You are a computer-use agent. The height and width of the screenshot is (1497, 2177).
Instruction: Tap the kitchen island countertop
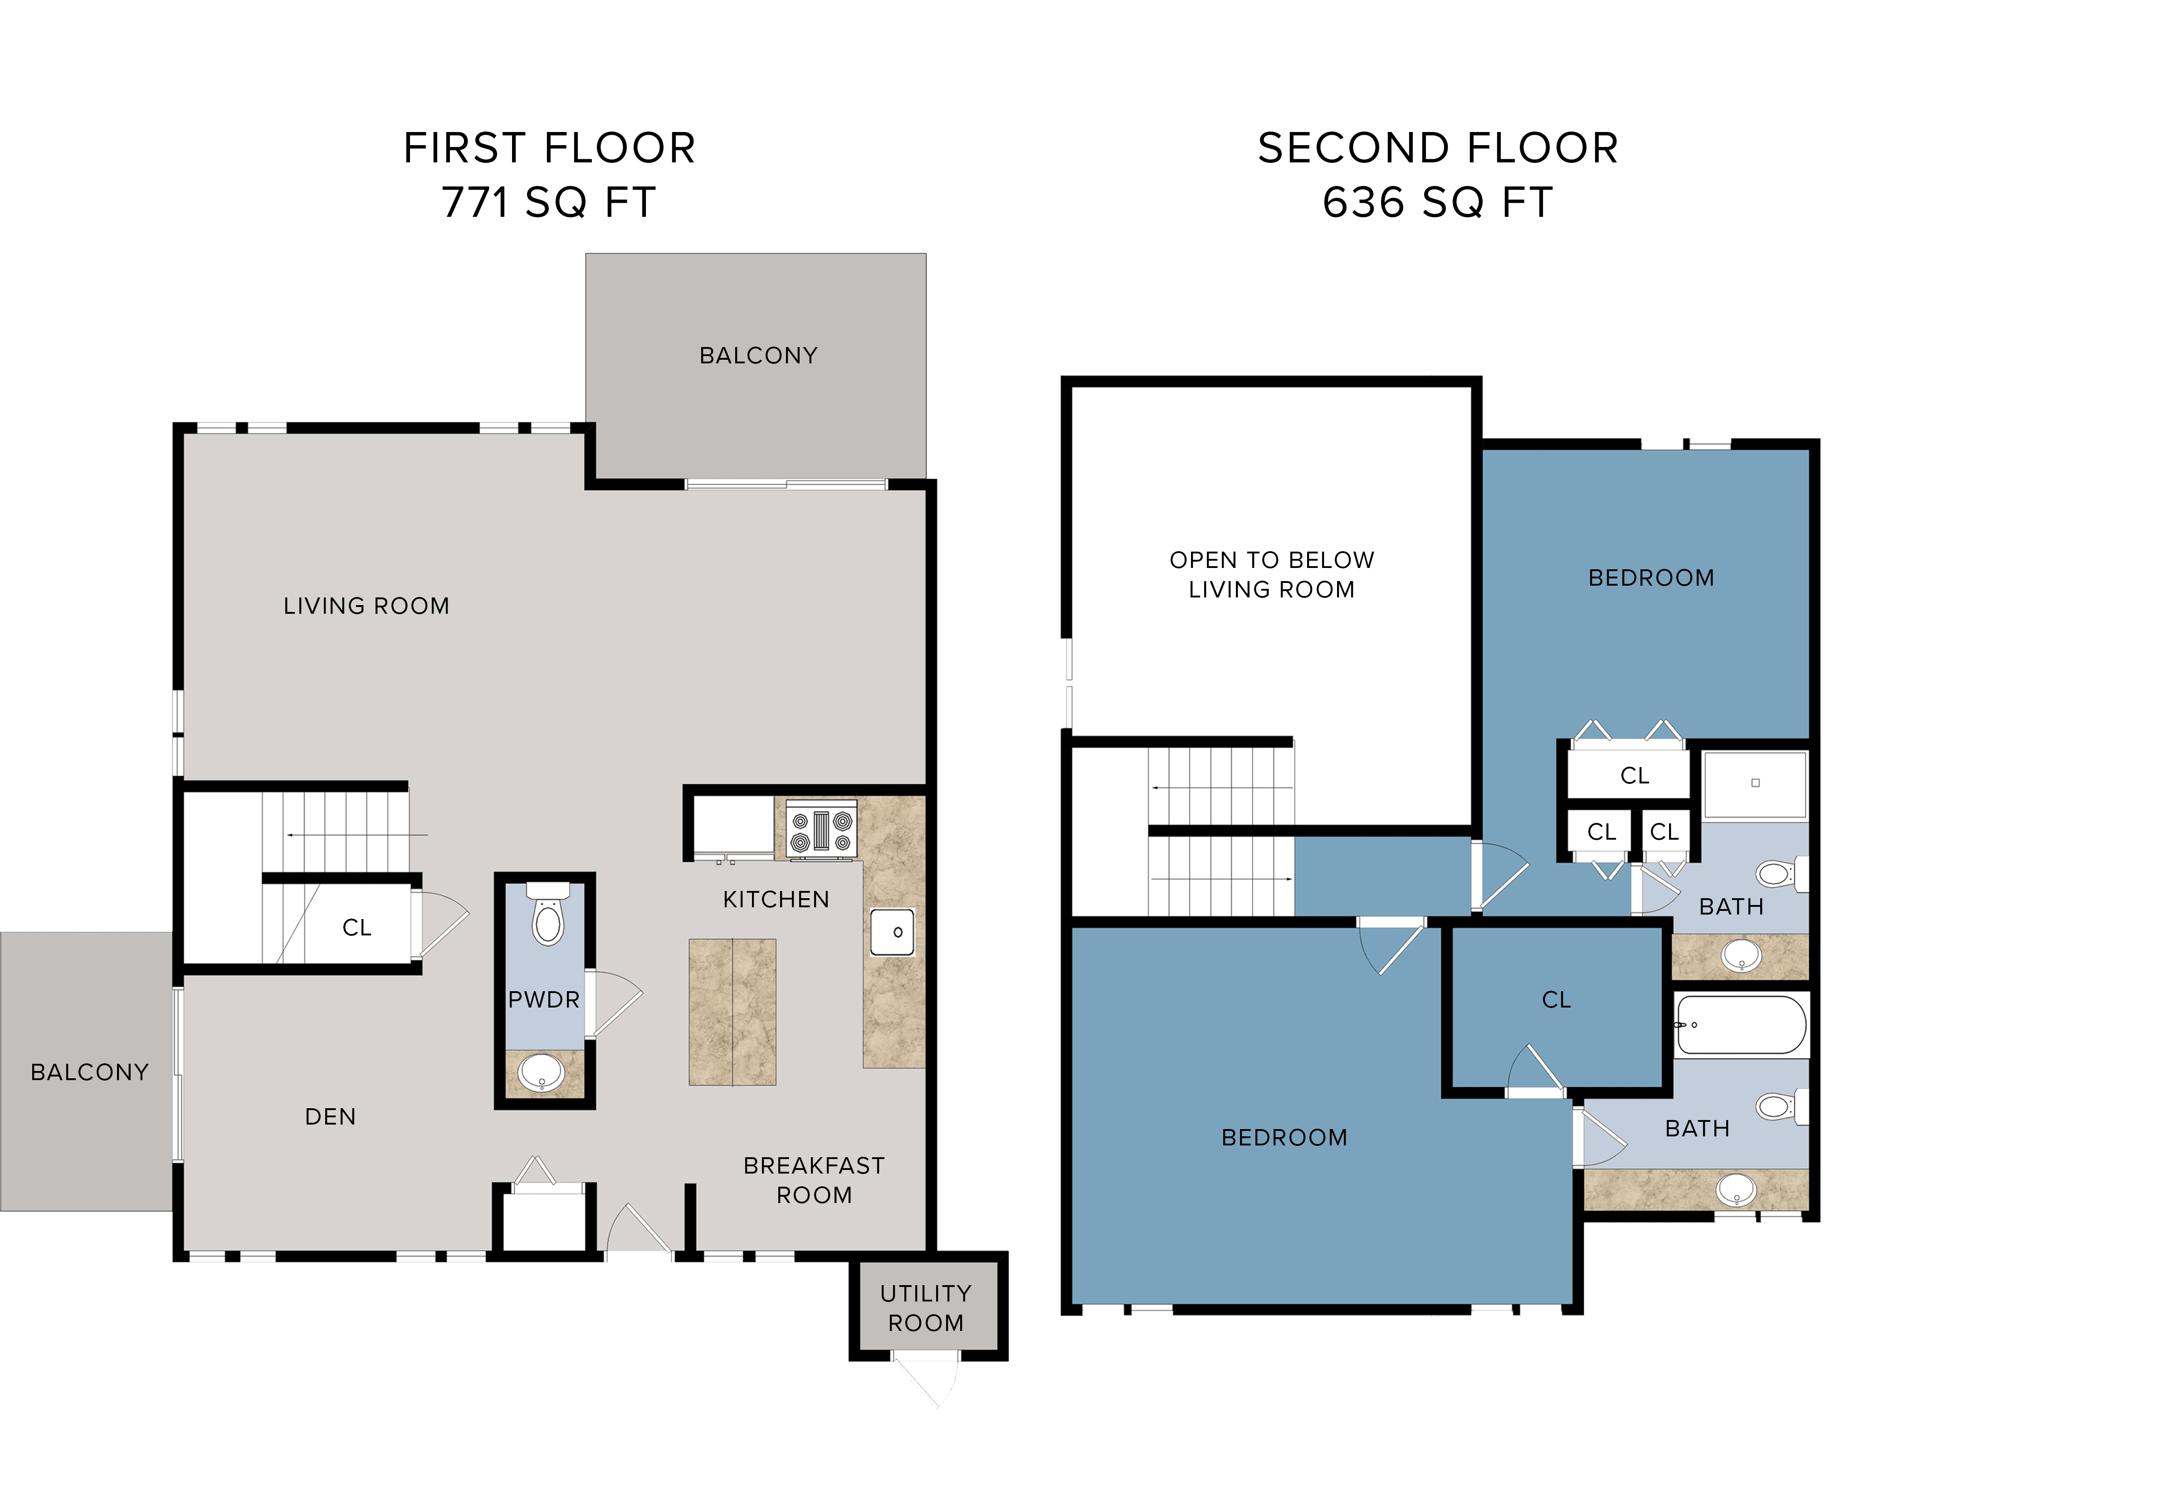pos(732,1012)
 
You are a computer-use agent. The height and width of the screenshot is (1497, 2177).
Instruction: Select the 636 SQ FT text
pos(1437,203)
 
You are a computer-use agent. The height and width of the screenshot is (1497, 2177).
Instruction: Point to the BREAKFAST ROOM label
pos(814,1180)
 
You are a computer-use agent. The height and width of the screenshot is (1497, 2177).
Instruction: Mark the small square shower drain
pos(1755,782)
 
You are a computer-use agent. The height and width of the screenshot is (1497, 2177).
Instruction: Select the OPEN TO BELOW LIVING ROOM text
pos(1271,574)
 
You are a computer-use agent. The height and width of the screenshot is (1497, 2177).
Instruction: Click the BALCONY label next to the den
pos(89,1072)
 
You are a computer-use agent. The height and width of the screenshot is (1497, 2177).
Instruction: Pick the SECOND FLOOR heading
pos(1437,148)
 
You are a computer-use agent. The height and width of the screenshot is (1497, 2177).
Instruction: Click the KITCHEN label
pos(776,900)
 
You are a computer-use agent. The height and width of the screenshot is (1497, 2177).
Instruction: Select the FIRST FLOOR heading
pos(549,148)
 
